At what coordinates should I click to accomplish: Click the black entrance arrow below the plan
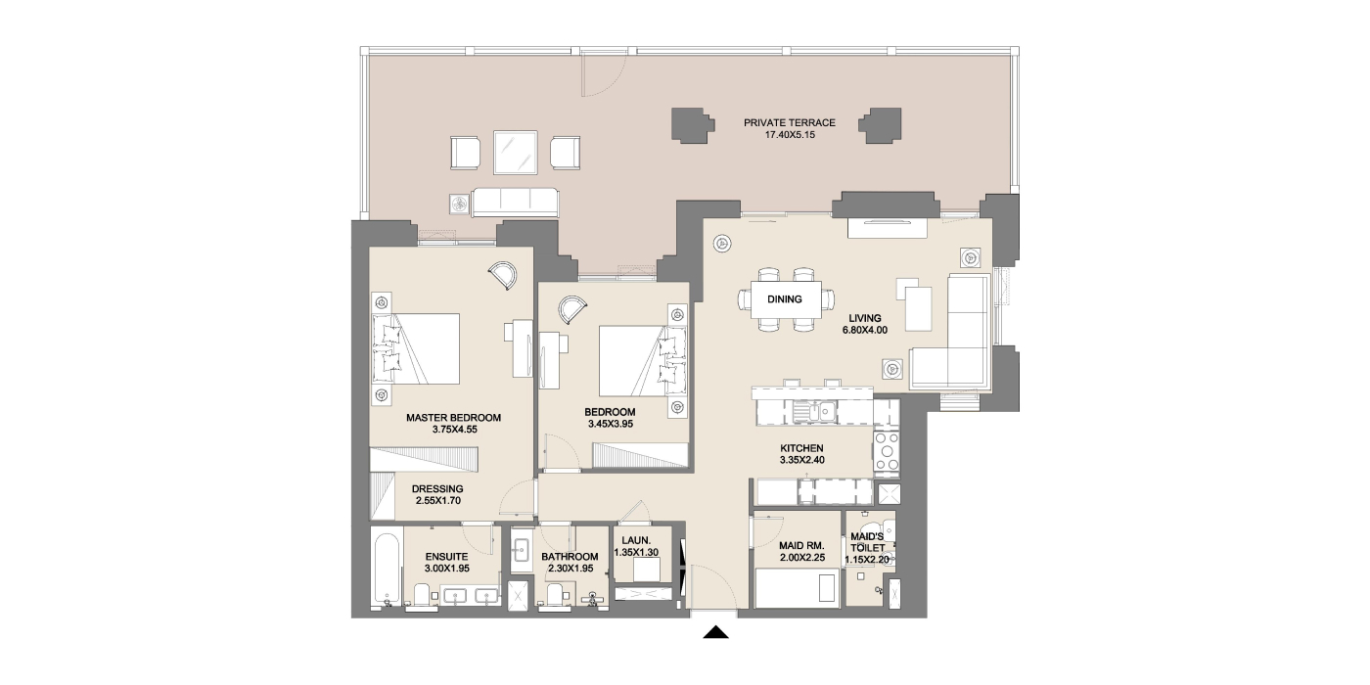pos(715,632)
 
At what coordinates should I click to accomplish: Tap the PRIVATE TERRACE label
pos(790,123)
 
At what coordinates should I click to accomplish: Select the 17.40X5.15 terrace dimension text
pos(791,135)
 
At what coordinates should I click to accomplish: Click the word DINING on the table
pos(785,299)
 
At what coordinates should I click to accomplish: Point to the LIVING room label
pos(865,318)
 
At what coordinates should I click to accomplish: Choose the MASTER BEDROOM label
pos(454,418)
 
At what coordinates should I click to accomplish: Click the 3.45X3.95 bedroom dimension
pos(611,424)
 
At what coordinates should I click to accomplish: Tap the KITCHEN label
pos(801,448)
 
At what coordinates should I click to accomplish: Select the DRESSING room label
pos(437,489)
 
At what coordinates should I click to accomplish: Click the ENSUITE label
pos(446,557)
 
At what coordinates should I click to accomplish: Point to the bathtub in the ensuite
pos(387,570)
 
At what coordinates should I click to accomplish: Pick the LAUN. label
pos(636,540)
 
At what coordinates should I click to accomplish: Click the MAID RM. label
pos(801,546)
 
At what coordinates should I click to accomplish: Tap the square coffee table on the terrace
pos(515,153)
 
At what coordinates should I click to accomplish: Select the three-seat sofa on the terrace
pos(515,203)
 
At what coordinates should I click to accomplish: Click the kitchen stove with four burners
pos(887,451)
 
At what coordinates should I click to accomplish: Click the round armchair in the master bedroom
pos(504,275)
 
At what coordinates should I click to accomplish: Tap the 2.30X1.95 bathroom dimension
pos(570,569)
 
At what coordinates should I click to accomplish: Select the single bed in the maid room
pos(797,588)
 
